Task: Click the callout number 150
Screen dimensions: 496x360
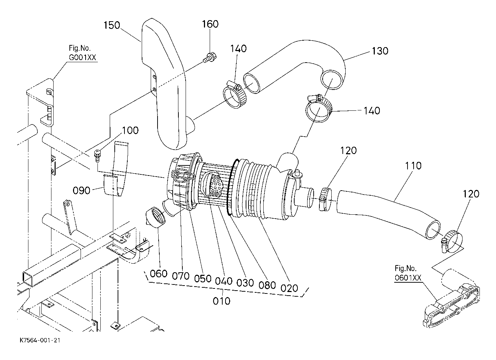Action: (x=112, y=25)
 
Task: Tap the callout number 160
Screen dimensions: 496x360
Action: (x=210, y=24)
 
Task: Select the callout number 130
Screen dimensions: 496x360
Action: (x=380, y=51)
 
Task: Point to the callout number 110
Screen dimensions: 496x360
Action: (x=413, y=165)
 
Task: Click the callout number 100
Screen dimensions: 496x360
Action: (x=131, y=131)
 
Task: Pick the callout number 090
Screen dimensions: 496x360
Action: (x=82, y=190)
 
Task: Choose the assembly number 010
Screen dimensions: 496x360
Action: (x=222, y=301)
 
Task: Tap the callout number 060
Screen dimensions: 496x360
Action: (x=159, y=274)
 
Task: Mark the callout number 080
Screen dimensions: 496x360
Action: (x=267, y=285)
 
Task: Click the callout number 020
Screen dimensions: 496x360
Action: (x=289, y=288)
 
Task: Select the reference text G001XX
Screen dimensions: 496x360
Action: (x=82, y=58)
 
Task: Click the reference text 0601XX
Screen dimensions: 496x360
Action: (x=408, y=278)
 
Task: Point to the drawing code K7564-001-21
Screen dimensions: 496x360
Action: (x=40, y=340)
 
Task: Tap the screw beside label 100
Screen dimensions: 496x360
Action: (x=97, y=156)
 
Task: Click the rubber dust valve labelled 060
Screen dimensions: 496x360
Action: (x=156, y=217)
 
